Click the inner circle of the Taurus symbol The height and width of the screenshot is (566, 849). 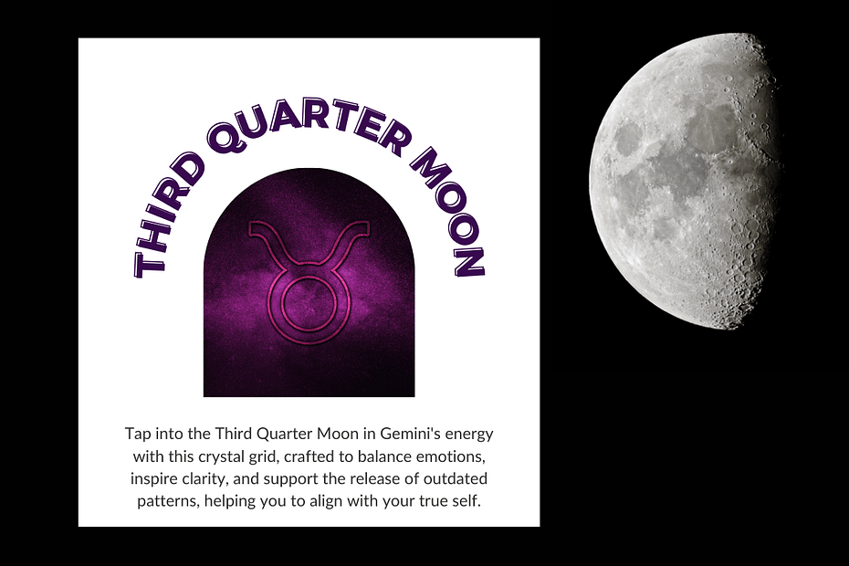coord(307,303)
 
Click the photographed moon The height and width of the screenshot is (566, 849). coord(686,181)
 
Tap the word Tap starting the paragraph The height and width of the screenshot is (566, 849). coord(138,435)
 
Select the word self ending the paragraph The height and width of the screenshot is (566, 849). coord(466,500)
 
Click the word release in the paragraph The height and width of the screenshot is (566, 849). coord(375,478)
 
